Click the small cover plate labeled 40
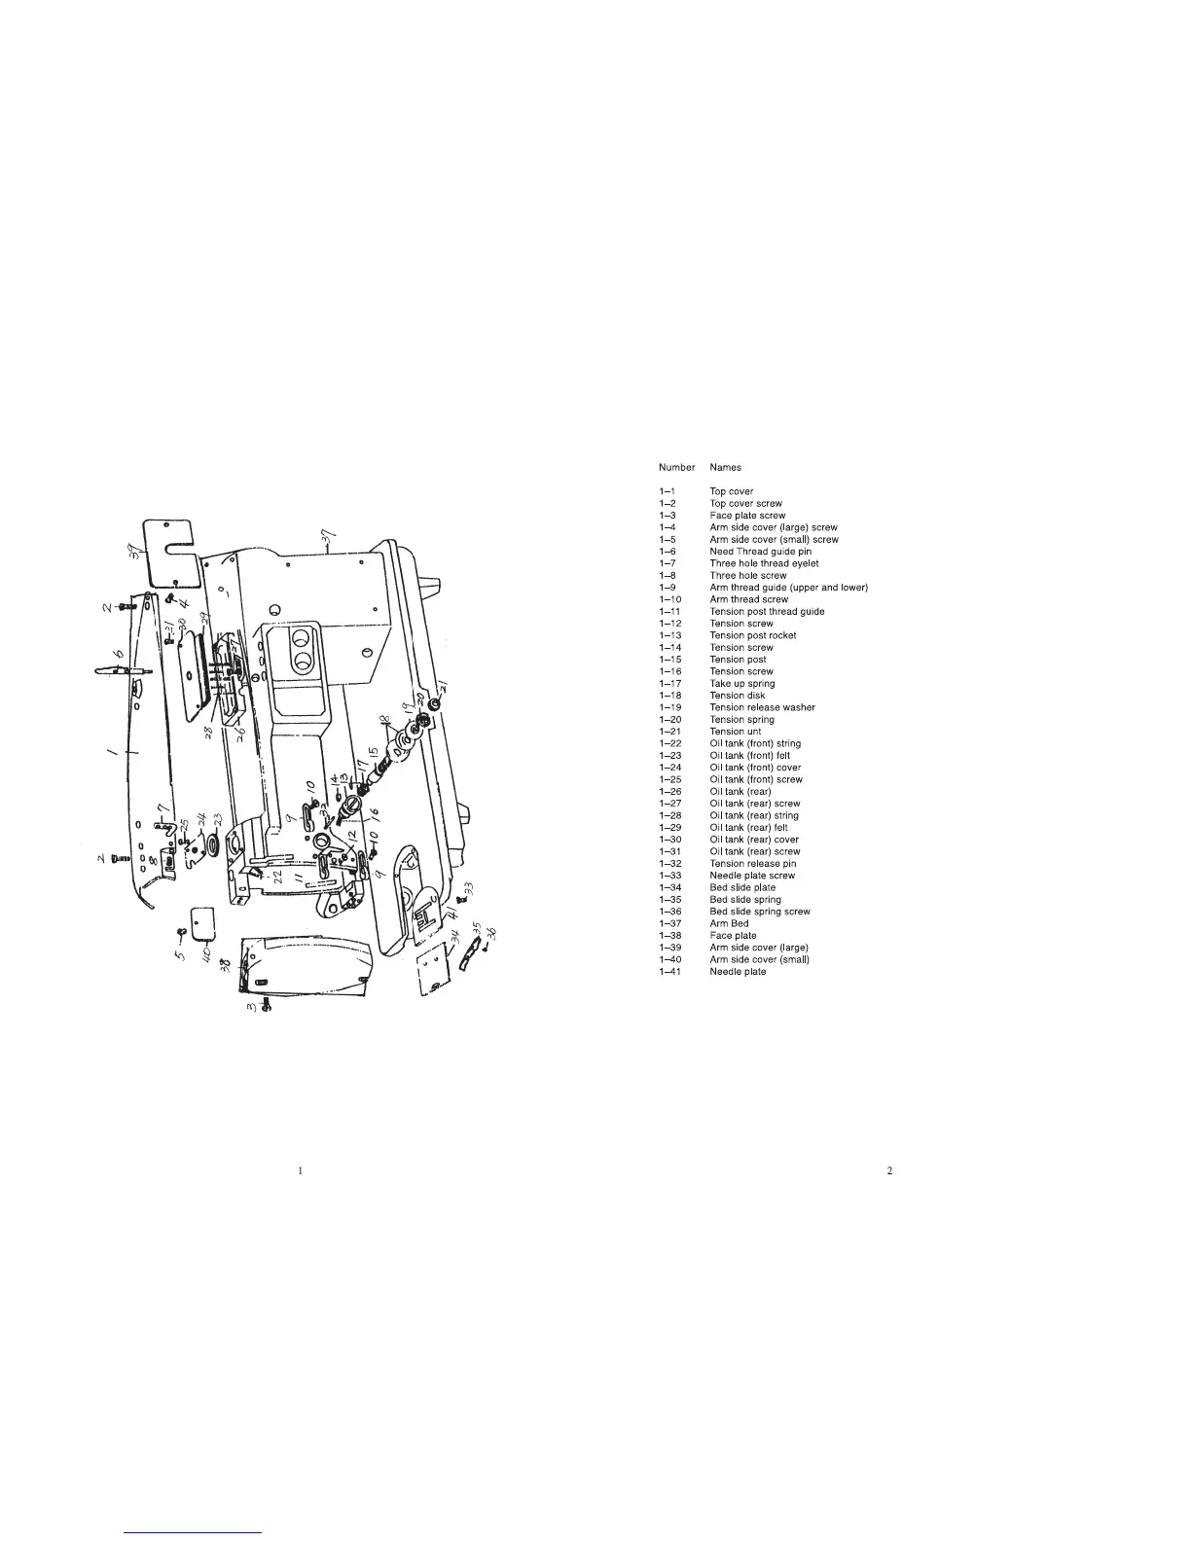coord(202,923)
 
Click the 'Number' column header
coord(676,468)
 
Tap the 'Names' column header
coord(725,468)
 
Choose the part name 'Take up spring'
coord(742,684)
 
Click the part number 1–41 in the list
coord(669,972)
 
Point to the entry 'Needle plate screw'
coord(751,876)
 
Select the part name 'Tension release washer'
coord(762,707)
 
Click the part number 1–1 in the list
coord(667,491)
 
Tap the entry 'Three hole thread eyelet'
coord(764,563)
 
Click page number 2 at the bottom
coord(889,1170)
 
